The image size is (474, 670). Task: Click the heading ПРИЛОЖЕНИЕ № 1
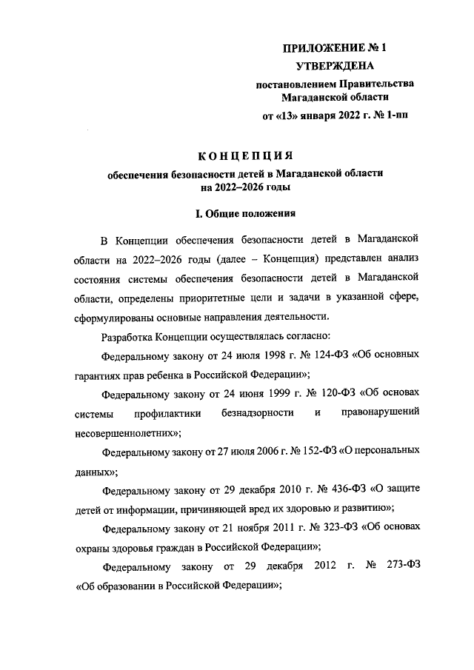[x=336, y=48]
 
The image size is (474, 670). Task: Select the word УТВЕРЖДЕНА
[x=335, y=67]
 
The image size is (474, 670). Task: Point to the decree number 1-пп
[x=393, y=116]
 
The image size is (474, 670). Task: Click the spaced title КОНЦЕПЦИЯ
[x=244, y=155]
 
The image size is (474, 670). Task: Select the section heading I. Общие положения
[x=244, y=215]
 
